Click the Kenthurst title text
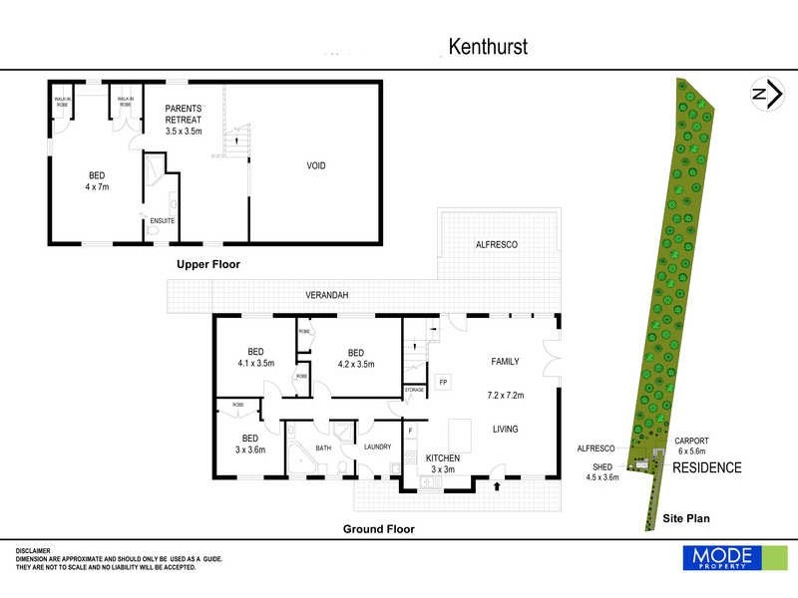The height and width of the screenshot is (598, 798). (x=487, y=46)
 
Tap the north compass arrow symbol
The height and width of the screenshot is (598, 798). (x=764, y=94)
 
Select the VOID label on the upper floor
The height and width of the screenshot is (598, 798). (x=315, y=165)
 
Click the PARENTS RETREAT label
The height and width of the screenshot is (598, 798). (x=184, y=114)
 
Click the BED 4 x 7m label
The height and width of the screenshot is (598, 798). (x=96, y=178)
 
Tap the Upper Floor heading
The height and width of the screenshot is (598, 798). (x=208, y=265)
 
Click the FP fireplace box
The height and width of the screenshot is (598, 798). (x=444, y=382)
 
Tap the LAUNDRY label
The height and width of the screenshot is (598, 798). (x=377, y=447)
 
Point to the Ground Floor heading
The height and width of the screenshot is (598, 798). (x=379, y=529)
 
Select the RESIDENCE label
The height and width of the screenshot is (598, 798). (x=708, y=467)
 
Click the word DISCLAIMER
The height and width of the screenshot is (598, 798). (x=37, y=551)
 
